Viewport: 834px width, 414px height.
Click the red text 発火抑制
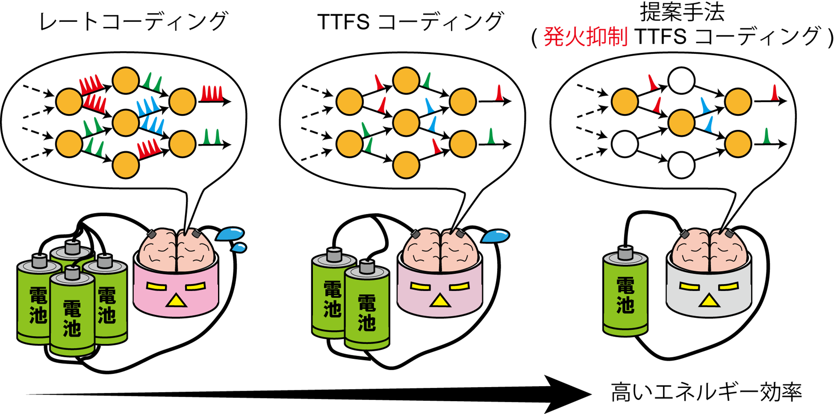tap(585, 37)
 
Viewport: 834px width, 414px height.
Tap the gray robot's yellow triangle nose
tap(709, 301)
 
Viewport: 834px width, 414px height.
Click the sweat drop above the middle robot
tap(495, 236)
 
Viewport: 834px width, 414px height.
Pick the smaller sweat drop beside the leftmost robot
tap(239, 248)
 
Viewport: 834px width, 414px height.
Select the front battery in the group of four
tap(72, 314)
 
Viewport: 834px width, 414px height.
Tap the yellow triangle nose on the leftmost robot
tap(176, 301)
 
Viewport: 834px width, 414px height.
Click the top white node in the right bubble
tap(681, 80)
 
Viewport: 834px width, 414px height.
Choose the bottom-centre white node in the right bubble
tap(681, 165)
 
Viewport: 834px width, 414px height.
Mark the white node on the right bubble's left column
tap(625, 143)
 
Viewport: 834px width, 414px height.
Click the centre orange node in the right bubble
tap(681, 122)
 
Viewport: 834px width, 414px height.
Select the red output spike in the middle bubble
tap(499, 93)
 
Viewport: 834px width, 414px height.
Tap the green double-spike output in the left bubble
tap(212, 137)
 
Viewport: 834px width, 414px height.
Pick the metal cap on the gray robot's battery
tap(625, 253)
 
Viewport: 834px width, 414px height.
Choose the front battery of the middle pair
tap(367, 309)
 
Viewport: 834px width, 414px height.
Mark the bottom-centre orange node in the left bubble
tap(126, 165)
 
